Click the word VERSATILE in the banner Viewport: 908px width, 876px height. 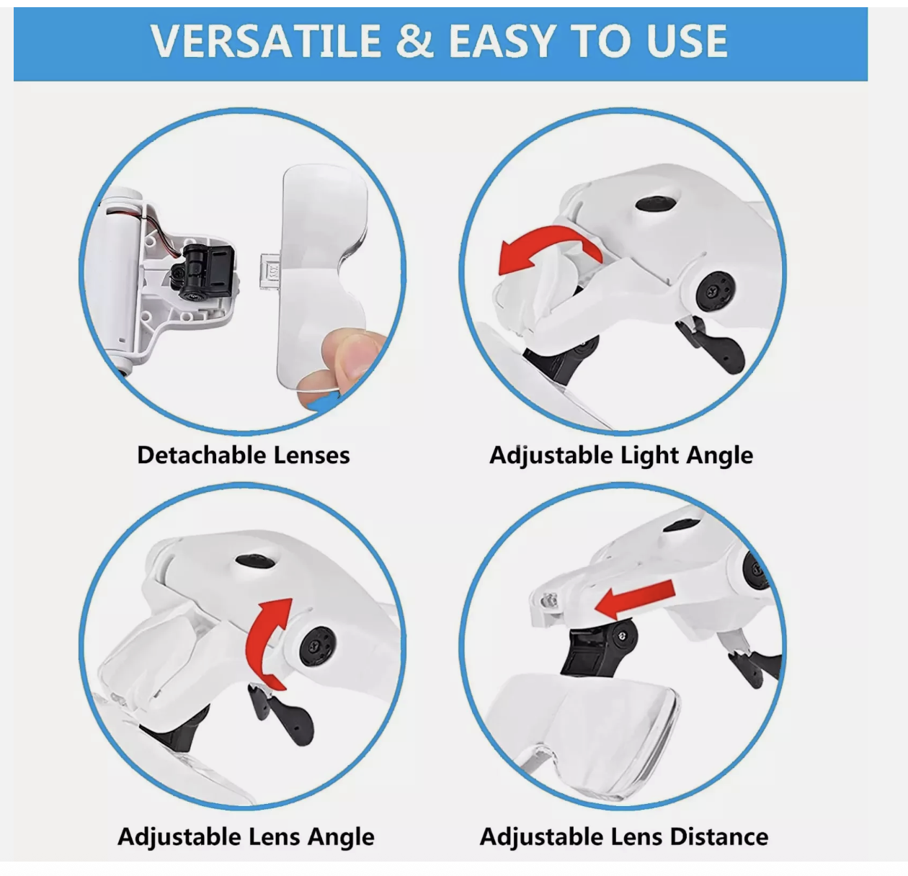[x=266, y=41]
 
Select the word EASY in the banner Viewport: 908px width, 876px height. [x=502, y=41]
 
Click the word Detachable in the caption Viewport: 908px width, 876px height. [x=202, y=455]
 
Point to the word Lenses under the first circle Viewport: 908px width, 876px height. [x=311, y=455]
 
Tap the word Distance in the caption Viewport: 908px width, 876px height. [x=719, y=836]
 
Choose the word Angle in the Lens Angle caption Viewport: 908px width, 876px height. [x=341, y=837]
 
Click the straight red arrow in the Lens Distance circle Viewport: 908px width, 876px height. [x=635, y=600]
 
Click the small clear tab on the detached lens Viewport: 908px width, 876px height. [x=270, y=272]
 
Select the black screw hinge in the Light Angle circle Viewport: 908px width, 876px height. [x=715, y=290]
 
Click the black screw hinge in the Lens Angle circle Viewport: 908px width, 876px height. [x=318, y=646]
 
